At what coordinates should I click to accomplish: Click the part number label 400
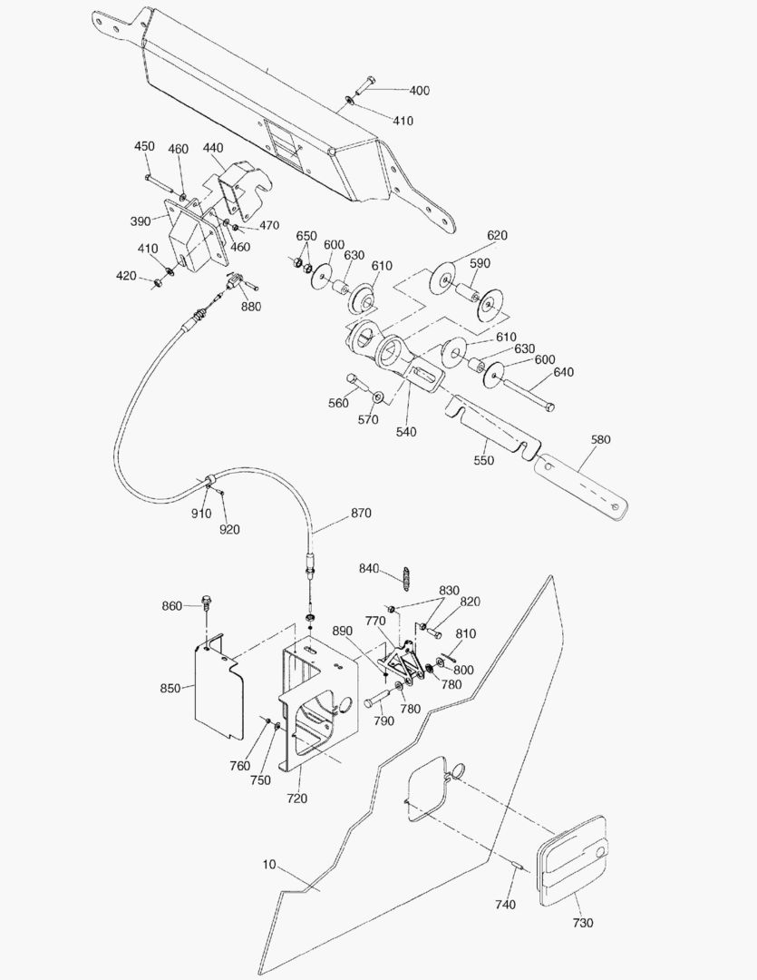(420, 91)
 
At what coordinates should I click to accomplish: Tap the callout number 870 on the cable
(361, 514)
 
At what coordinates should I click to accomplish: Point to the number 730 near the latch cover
(583, 923)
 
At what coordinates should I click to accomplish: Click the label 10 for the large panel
(269, 865)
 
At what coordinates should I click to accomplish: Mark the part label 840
(368, 569)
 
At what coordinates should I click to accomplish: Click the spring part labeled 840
(408, 576)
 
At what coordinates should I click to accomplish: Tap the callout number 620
(497, 236)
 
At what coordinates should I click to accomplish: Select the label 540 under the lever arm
(406, 432)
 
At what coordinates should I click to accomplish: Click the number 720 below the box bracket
(297, 799)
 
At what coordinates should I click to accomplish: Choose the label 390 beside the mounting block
(140, 221)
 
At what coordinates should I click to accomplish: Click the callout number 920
(229, 529)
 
